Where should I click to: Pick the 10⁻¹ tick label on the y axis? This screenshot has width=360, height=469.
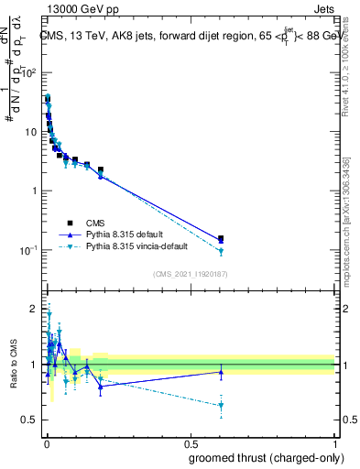coord(28,250)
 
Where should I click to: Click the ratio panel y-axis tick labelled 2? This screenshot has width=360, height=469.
coord(32,308)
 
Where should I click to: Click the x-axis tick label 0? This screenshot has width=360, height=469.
coord(47,442)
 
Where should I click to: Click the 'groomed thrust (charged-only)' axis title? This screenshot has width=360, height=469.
coord(261,457)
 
